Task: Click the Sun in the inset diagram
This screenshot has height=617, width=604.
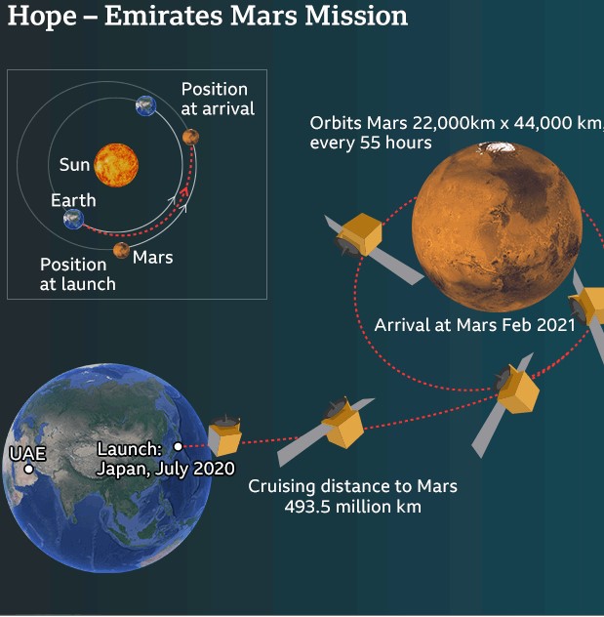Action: (x=116, y=165)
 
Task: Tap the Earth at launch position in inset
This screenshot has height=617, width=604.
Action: (x=73, y=219)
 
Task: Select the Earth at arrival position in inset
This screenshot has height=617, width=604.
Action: (x=146, y=105)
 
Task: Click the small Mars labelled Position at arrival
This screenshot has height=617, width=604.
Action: (x=190, y=137)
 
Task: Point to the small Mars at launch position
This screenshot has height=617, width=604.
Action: (x=122, y=251)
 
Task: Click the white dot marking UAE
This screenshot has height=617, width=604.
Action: (x=28, y=469)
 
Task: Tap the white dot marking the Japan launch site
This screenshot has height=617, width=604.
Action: (x=179, y=446)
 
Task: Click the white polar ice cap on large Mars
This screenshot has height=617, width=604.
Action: (x=496, y=147)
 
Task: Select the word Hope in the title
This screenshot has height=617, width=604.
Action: (x=42, y=17)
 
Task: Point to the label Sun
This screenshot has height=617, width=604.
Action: (x=75, y=164)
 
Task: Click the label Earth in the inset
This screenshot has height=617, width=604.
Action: (x=73, y=200)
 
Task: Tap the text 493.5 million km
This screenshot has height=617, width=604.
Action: (x=352, y=507)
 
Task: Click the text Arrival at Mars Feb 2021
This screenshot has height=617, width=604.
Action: (x=474, y=325)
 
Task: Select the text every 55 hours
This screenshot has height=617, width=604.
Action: (x=371, y=143)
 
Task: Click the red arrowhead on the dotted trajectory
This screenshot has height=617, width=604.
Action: (x=184, y=192)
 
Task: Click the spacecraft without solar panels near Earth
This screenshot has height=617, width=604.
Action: (x=224, y=434)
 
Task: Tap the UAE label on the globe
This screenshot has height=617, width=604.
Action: (x=27, y=454)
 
